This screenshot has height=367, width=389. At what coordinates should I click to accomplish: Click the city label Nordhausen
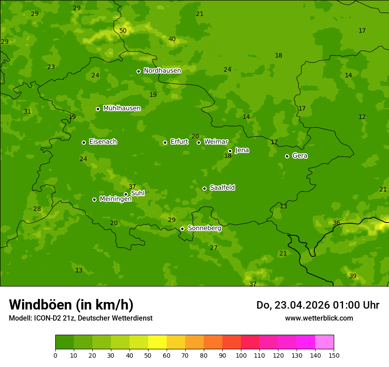click(162, 71)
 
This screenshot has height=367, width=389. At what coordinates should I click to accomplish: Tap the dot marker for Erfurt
click(165, 142)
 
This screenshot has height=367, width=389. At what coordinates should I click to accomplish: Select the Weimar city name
click(216, 142)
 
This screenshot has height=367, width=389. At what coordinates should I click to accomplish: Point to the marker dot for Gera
click(287, 156)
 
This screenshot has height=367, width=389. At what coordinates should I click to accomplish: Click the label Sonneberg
click(204, 228)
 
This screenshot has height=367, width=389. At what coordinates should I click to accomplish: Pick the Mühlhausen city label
click(122, 108)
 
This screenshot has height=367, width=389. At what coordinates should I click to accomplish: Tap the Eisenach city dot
click(84, 142)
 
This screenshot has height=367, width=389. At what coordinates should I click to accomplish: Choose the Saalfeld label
click(222, 188)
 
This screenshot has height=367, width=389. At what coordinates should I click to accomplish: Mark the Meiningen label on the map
click(115, 199)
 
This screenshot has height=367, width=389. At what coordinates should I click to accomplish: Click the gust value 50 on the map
click(123, 31)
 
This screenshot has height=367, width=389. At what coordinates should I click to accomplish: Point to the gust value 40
click(172, 39)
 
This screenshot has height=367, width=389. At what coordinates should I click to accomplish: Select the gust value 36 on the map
click(336, 223)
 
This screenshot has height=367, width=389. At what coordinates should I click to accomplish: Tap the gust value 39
click(353, 276)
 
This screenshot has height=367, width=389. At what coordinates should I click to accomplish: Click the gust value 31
click(27, 112)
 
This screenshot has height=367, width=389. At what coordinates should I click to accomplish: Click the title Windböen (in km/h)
click(71, 305)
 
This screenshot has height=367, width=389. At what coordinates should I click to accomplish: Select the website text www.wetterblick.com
click(319, 318)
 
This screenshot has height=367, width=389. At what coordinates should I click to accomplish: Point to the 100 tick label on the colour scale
click(241, 355)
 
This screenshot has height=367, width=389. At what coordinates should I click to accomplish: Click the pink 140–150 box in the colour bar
click(324, 342)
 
